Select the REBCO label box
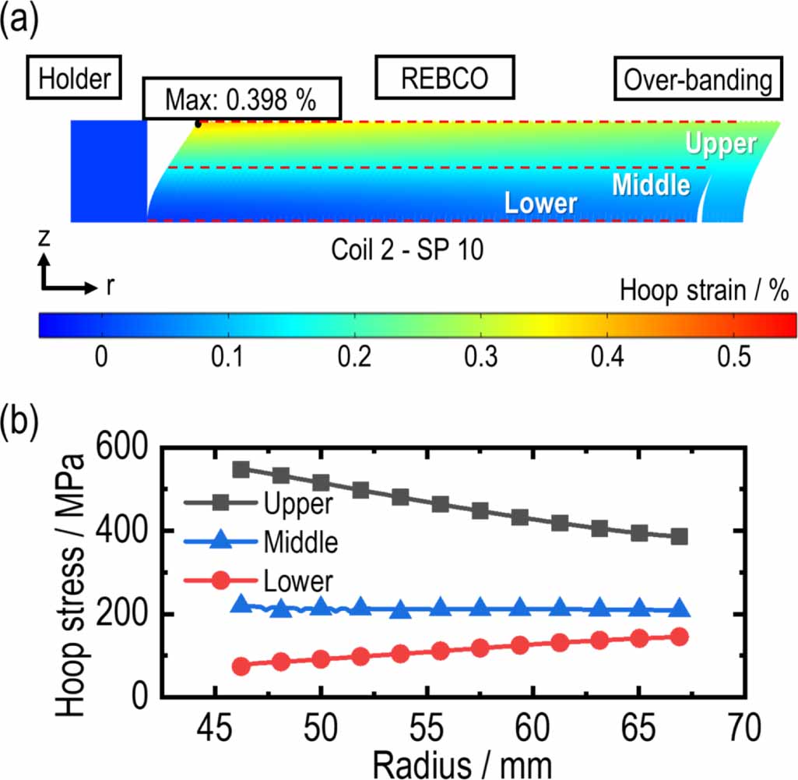click(x=445, y=78)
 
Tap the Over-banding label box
click(x=698, y=79)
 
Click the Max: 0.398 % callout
click(x=242, y=98)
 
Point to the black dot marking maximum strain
click(x=198, y=123)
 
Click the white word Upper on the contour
click(x=720, y=144)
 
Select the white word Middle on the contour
click(x=651, y=185)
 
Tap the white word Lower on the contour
click(x=540, y=203)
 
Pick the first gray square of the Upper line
click(x=241, y=469)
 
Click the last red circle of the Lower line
click(x=679, y=637)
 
